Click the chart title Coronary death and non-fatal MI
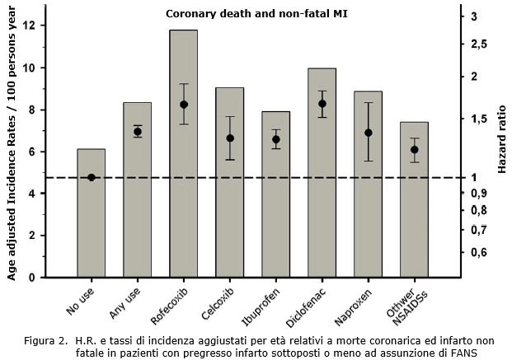(x=256, y=14)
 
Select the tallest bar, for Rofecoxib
(x=183, y=154)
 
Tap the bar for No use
(x=91, y=213)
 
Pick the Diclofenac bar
(x=322, y=173)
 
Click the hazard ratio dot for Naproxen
(x=369, y=133)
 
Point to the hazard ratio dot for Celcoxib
(x=230, y=138)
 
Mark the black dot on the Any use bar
(x=138, y=132)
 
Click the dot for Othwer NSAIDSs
(x=415, y=150)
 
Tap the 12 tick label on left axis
(x=29, y=26)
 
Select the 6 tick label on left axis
(x=32, y=152)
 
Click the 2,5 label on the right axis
(x=479, y=44)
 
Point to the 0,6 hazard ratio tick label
(x=479, y=253)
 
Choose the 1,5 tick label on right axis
(x=479, y=119)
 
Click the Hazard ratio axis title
(x=501, y=139)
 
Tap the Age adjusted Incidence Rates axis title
(x=12, y=143)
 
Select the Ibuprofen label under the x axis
(x=261, y=307)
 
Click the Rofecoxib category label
(x=169, y=306)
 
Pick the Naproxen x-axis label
(x=353, y=307)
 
